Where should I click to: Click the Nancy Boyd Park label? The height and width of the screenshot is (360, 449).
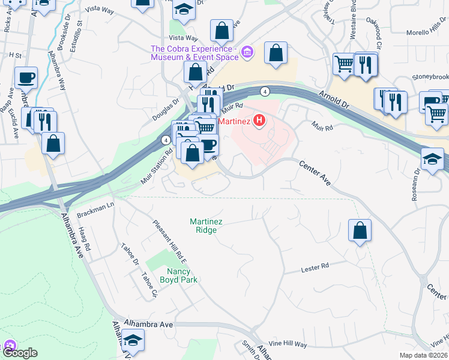click(182, 275)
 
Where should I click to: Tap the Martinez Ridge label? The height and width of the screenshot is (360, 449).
click(206, 226)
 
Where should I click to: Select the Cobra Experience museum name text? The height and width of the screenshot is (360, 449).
click(194, 53)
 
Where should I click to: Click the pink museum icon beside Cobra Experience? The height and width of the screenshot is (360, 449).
click(247, 54)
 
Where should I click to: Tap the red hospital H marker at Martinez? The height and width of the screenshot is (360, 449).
click(259, 121)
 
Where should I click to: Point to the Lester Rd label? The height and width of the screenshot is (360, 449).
click(315, 266)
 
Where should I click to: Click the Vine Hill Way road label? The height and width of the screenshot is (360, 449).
click(288, 344)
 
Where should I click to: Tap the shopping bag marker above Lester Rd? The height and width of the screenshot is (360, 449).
click(360, 230)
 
